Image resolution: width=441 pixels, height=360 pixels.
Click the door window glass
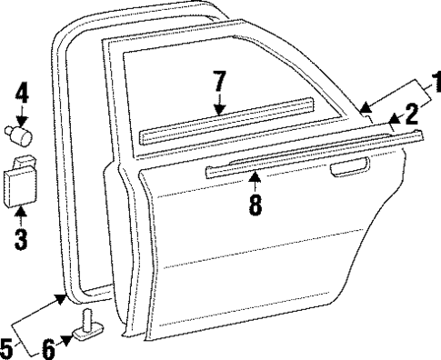tap(236, 86)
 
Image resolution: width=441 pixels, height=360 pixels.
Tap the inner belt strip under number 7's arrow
tap(227, 127)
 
